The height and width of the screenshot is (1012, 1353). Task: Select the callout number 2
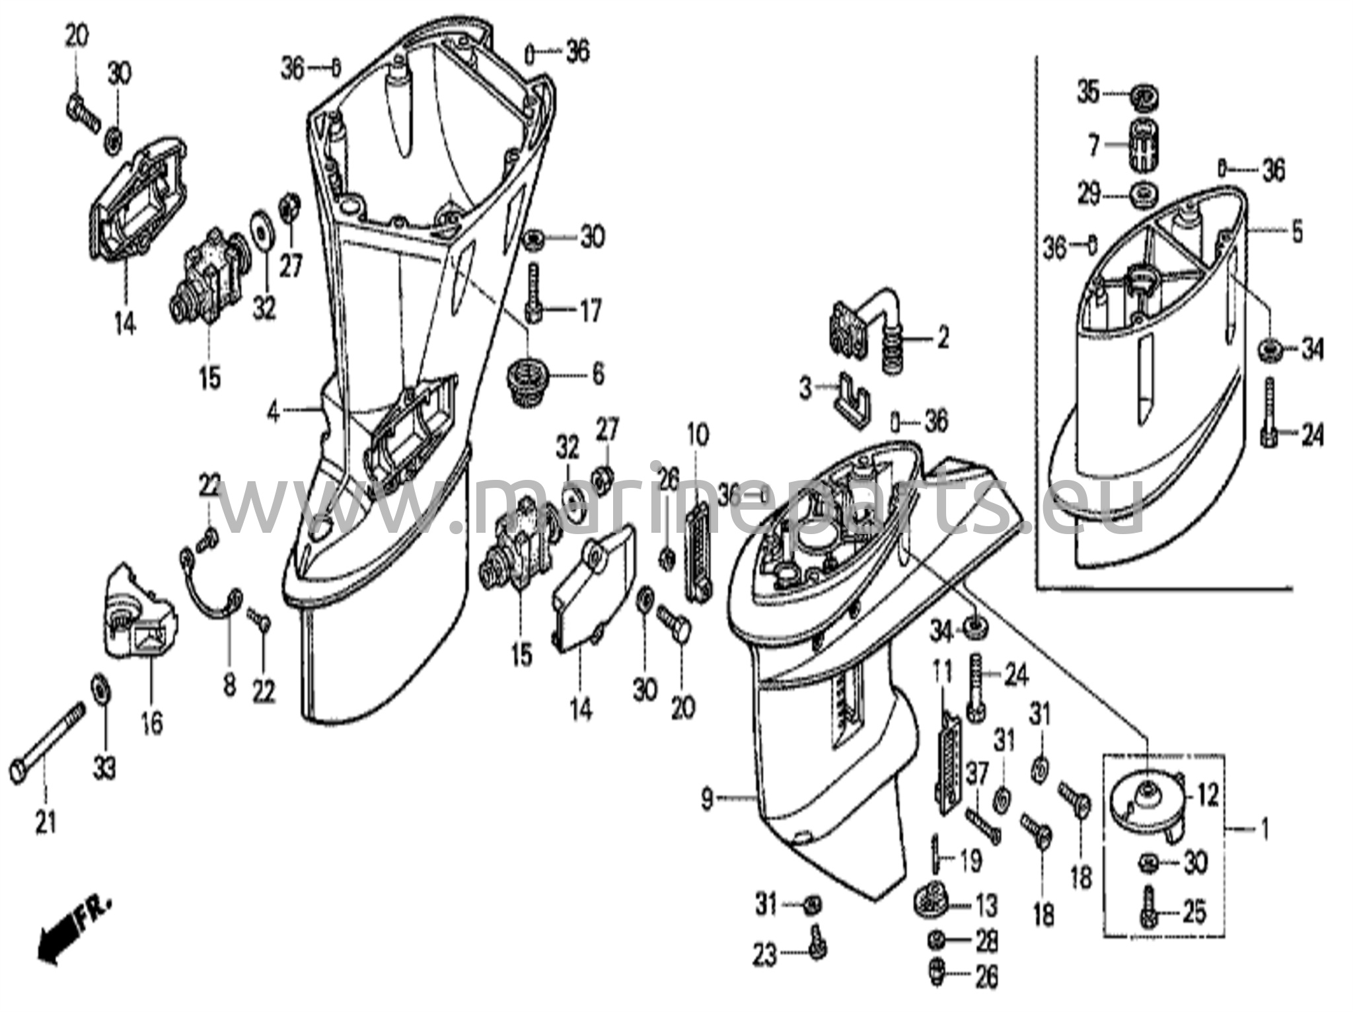(x=943, y=338)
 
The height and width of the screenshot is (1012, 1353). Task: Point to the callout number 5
(x=1296, y=232)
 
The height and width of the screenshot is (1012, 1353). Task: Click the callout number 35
(x=1088, y=92)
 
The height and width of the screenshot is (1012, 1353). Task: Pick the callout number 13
(x=986, y=906)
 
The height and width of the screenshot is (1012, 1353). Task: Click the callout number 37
(x=977, y=773)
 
